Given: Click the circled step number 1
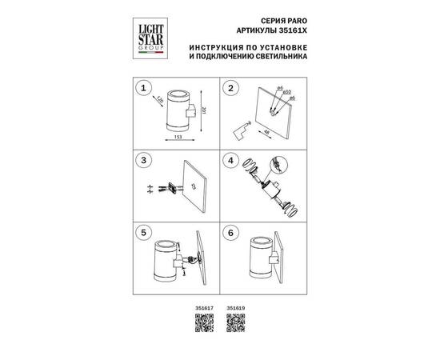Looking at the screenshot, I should (x=144, y=87).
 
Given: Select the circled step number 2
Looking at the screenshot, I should (x=232, y=87).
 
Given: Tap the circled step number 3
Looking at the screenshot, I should (x=144, y=159).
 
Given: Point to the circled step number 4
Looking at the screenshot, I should (x=232, y=159).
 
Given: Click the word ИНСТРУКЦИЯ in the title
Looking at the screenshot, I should (x=217, y=47).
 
